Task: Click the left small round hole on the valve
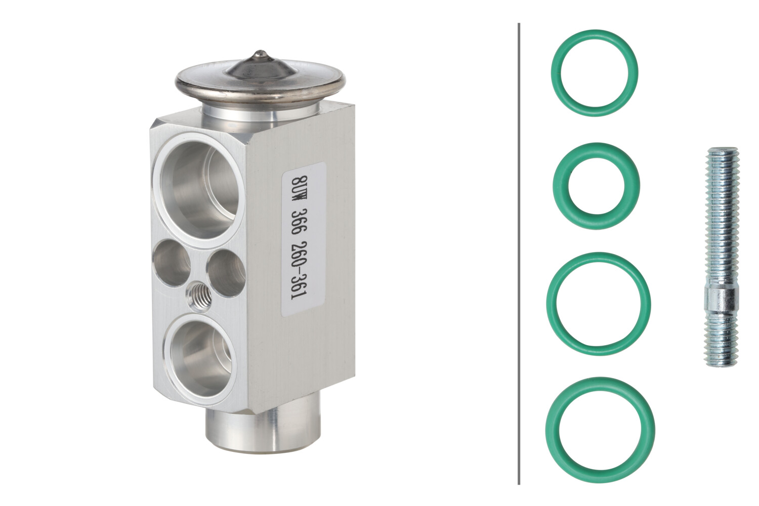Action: tap(172, 263)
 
